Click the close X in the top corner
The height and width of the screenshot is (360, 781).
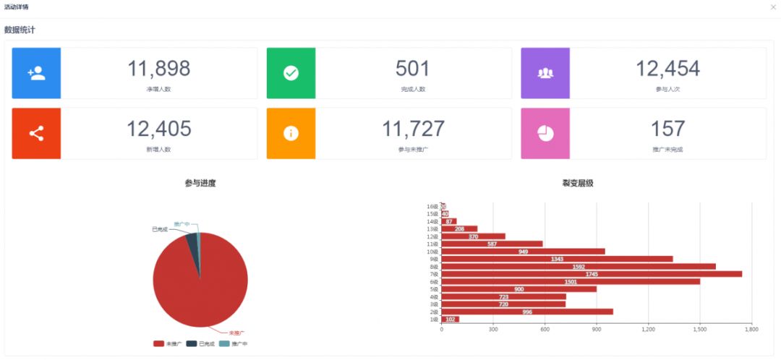773,7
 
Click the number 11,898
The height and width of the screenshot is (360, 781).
159,69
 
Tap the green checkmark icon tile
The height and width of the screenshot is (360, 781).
291,73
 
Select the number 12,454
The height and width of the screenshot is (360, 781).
667,69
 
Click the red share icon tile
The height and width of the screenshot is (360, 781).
36,133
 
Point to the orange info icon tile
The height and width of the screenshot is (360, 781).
291,133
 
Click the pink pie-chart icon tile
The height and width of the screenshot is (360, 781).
545,133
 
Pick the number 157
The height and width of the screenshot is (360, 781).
667,129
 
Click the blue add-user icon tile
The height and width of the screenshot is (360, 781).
36,73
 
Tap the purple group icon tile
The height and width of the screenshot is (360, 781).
545,73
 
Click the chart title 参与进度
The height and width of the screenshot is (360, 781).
200,184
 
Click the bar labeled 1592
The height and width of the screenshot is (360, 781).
579,267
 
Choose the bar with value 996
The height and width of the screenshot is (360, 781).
527,312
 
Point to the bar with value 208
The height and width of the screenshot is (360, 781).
459,229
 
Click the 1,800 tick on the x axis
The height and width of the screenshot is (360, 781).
751,329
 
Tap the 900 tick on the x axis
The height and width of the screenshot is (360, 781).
597,329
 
